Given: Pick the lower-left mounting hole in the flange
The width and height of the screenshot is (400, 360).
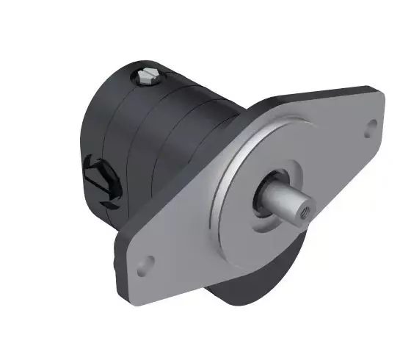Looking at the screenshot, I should click(x=148, y=261).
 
